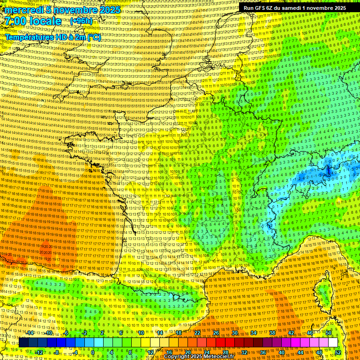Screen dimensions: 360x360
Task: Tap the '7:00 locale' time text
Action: [x=33, y=21]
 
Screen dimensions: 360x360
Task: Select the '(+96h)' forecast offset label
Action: [x=81, y=21]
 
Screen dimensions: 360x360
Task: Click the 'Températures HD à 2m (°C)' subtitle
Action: [x=52, y=37]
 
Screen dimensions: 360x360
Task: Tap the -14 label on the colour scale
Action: [x=30, y=332]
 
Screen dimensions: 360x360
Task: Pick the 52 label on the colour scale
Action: [x=337, y=352]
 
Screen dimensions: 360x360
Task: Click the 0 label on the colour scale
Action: [x=93, y=352]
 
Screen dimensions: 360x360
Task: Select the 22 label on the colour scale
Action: [x=197, y=332]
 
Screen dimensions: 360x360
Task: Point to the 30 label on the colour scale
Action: [x=235, y=332]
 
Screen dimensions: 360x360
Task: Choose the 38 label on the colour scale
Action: [x=272, y=332]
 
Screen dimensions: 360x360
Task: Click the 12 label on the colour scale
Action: [x=150, y=352]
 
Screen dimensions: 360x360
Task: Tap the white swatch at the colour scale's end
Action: [x=333, y=343]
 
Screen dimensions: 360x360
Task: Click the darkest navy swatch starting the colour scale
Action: [x=23, y=343]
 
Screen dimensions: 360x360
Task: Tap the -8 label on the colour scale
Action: [x=56, y=352]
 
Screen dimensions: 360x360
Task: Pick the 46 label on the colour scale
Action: [x=310, y=332]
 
